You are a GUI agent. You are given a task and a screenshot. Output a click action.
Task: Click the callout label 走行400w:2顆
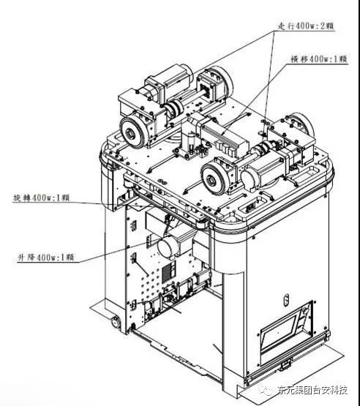pos(306,26)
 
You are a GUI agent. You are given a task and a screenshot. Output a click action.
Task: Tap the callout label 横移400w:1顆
pos(319,59)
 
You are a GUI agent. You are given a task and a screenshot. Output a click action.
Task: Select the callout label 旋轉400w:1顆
pos(41,198)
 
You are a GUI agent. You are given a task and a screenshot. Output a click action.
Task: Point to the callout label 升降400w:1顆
pos(45,257)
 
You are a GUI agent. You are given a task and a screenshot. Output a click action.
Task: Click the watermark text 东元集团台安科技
pos(312,391)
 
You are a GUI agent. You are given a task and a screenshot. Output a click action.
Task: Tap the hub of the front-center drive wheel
pos(213,179)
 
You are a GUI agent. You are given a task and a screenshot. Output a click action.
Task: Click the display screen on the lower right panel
pos(279,333)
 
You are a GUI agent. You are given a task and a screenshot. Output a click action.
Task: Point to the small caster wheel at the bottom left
pos(115,322)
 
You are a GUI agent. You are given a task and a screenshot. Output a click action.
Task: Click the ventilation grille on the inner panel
pos(168,271)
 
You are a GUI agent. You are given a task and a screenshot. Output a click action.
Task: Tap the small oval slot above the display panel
pos(286,300)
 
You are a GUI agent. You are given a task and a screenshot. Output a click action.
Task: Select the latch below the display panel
pos(285,364)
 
